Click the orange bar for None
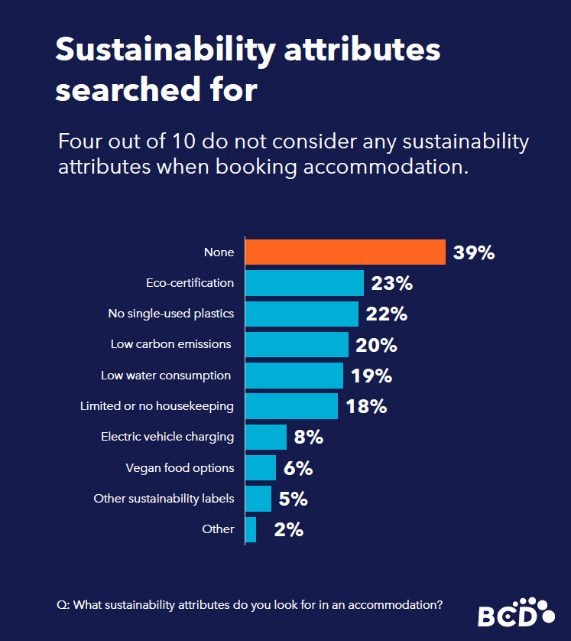click(345, 252)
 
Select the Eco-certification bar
click(304, 283)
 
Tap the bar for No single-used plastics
click(301, 314)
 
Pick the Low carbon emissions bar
click(297, 344)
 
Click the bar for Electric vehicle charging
click(266, 437)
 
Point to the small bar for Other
click(251, 529)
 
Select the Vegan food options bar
click(261, 467)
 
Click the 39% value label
click(474, 253)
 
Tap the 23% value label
click(391, 284)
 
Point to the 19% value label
click(371, 376)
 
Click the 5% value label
click(294, 499)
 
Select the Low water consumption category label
click(166, 376)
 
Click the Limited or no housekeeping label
click(157, 406)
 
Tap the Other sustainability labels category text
click(164, 499)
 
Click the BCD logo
click(516, 612)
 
